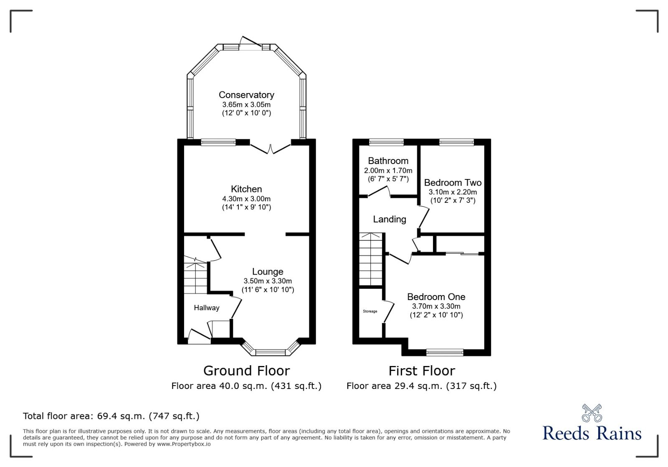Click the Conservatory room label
coord(246,95)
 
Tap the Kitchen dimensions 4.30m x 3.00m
coord(246,199)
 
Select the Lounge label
coord(268,272)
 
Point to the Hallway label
coord(207,308)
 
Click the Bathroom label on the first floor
coord(388,161)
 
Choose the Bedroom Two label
coord(453,182)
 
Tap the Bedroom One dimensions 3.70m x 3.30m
coord(436,306)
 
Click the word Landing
coord(390,220)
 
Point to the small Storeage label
coord(370,311)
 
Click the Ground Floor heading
coord(246,371)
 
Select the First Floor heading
coord(422,371)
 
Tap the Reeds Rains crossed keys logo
coord(592,413)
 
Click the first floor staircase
coord(370,259)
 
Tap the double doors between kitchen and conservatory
coord(270,149)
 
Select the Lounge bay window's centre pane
coord(271,353)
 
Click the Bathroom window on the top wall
coord(386,142)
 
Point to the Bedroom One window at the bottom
coord(445,353)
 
